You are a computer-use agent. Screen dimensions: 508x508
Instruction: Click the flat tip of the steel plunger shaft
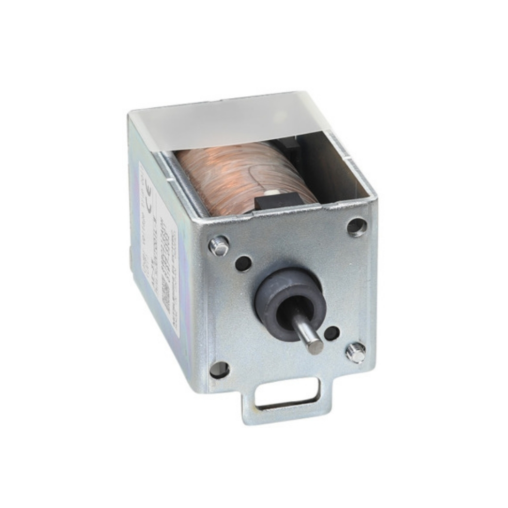tap(316, 346)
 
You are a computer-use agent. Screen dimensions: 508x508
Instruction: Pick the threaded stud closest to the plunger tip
tap(356, 352)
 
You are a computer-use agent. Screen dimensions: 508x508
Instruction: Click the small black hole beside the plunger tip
tap(331, 333)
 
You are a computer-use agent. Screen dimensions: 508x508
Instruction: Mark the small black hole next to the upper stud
tap(243, 263)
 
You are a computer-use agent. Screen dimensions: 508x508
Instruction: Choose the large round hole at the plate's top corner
tap(357, 226)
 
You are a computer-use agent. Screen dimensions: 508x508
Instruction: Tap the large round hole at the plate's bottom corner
tap(220, 370)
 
